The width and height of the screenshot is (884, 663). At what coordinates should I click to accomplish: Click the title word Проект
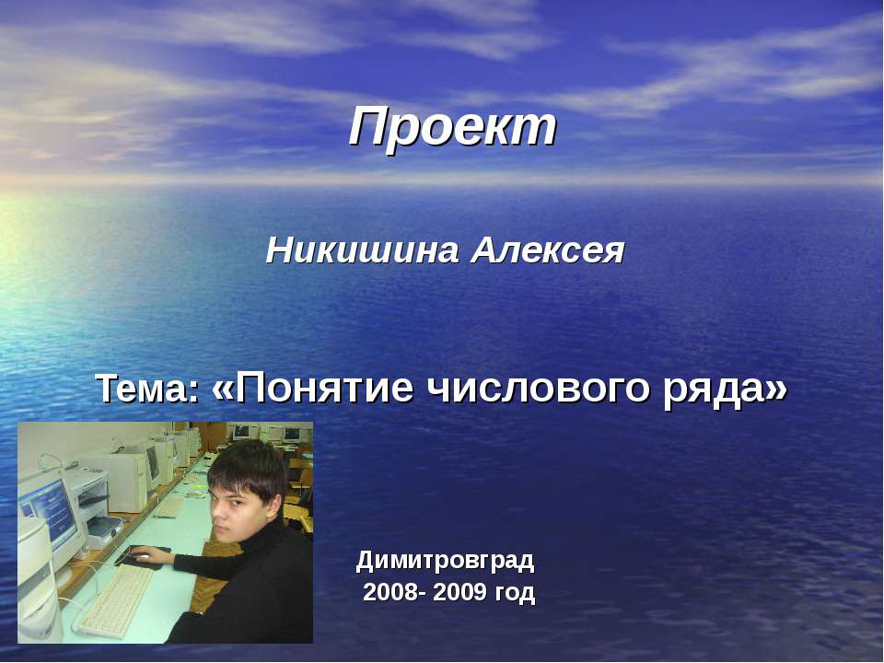(453, 127)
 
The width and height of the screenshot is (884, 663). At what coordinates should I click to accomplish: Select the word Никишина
(363, 250)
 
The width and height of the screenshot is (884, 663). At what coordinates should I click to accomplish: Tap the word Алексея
(549, 250)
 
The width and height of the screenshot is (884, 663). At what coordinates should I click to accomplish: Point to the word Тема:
(147, 390)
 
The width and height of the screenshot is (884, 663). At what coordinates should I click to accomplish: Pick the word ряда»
(726, 390)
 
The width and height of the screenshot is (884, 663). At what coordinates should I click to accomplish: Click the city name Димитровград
(445, 559)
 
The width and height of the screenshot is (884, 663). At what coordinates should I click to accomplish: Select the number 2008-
(394, 592)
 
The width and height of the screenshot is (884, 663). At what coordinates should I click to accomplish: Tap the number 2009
(460, 592)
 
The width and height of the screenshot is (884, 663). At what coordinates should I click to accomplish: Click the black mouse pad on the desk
(143, 556)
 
